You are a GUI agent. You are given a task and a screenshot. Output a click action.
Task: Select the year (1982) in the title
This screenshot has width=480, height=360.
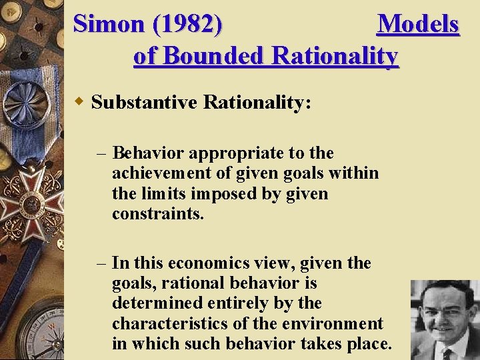pyautogui.click(x=188, y=24)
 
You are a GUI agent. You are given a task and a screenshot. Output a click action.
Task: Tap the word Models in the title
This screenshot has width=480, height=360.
pyautogui.click(x=418, y=24)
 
